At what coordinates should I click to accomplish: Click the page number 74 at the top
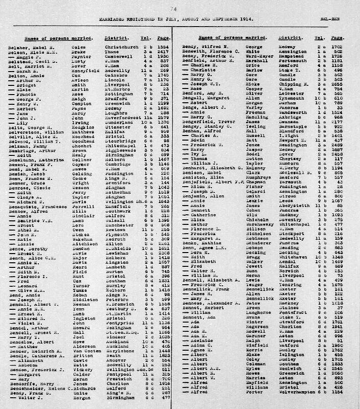tap(174, 9)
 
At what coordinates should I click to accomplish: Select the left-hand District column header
tap(114, 38)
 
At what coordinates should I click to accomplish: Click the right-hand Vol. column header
tap(319, 38)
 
